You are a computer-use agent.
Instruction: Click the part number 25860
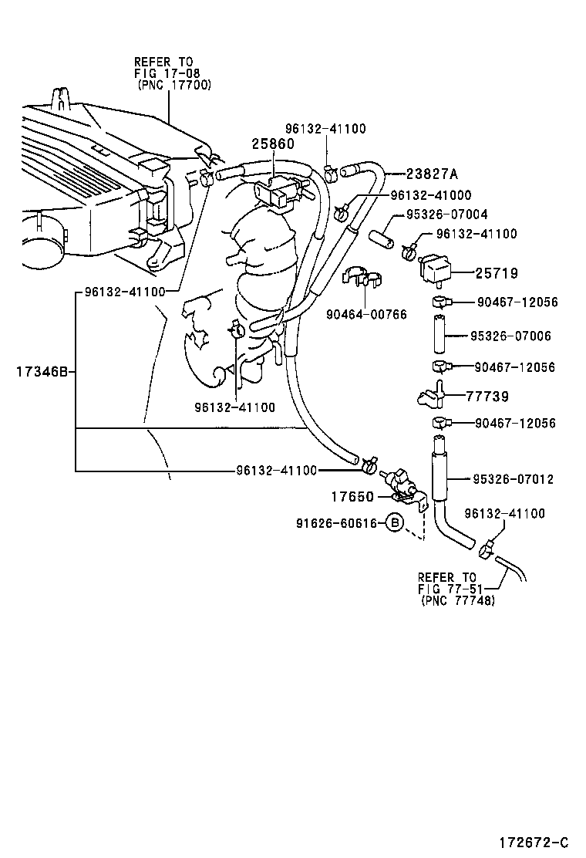[273, 144]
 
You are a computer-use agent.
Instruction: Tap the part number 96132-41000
[431, 196]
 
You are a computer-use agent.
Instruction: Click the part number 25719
[496, 273]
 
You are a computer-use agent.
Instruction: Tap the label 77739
[487, 397]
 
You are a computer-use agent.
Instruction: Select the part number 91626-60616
[336, 523]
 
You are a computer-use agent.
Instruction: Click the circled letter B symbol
[394, 523]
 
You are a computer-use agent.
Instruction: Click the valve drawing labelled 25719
[435, 270]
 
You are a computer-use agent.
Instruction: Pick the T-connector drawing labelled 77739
[432, 395]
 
